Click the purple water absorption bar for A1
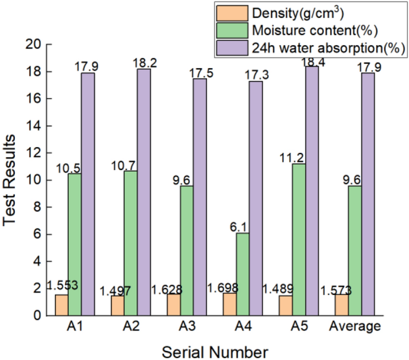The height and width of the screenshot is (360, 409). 88,194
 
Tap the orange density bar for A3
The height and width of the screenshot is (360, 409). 173,305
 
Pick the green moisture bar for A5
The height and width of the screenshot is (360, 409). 298,240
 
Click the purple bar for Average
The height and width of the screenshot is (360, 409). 368,194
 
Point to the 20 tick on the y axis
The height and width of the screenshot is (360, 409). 34,45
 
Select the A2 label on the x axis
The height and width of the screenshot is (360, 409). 131,327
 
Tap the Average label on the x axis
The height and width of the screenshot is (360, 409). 354,327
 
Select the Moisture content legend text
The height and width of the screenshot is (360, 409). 315,31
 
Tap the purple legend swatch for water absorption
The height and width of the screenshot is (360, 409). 232,48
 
